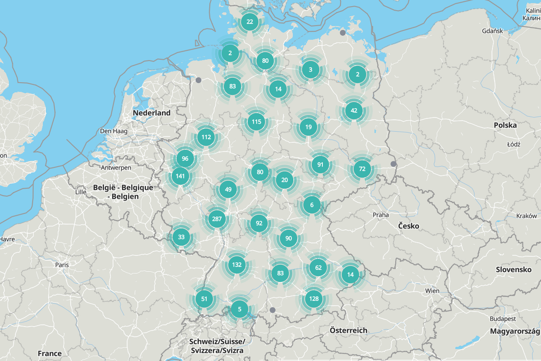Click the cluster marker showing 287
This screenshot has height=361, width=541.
click(x=216, y=219)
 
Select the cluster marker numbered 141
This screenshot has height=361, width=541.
click(x=180, y=176)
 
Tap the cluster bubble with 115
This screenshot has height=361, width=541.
click(x=257, y=122)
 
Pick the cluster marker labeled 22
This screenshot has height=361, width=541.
click(x=250, y=22)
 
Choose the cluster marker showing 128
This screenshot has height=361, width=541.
click(x=314, y=299)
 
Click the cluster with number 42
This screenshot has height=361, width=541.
click(x=354, y=110)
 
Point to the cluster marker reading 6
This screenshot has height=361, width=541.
click(x=312, y=205)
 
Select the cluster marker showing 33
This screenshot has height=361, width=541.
click(x=181, y=237)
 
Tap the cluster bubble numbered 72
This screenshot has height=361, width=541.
click(x=362, y=169)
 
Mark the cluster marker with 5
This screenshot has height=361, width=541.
click(x=239, y=309)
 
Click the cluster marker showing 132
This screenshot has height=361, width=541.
click(x=236, y=265)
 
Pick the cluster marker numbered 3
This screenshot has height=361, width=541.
click(x=310, y=70)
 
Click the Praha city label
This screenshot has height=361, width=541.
click(x=381, y=215)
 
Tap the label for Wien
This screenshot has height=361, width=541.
click(x=432, y=291)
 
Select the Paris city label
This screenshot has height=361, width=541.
click(x=62, y=265)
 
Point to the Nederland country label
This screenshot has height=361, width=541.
click(x=151, y=113)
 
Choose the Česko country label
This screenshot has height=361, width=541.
click(x=409, y=226)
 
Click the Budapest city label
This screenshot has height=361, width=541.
click(x=503, y=319)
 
